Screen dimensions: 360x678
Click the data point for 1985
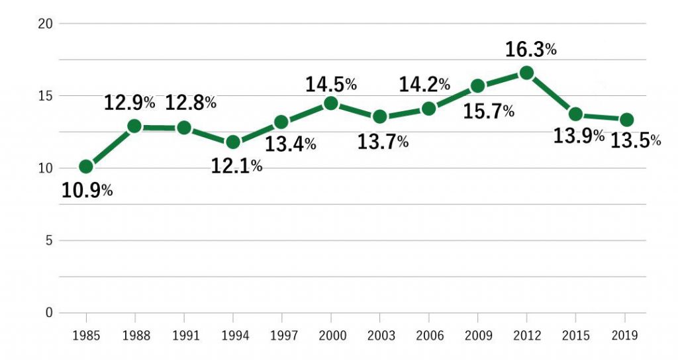86,166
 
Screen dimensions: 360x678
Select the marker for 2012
526,73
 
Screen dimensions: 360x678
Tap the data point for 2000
330,103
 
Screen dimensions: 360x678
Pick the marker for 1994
232,142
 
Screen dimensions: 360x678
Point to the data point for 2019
626,120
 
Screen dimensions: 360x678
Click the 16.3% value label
530,50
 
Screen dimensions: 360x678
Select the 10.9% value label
87,191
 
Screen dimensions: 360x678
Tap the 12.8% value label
191,103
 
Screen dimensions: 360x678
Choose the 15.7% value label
489,112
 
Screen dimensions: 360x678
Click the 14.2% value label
424,85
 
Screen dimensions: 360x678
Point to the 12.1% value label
236,166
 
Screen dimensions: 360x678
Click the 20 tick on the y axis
46,24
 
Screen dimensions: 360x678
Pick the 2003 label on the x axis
380,336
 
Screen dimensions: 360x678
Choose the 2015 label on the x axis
575,336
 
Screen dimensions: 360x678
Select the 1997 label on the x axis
282,336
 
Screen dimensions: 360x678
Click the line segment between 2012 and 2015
551,93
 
